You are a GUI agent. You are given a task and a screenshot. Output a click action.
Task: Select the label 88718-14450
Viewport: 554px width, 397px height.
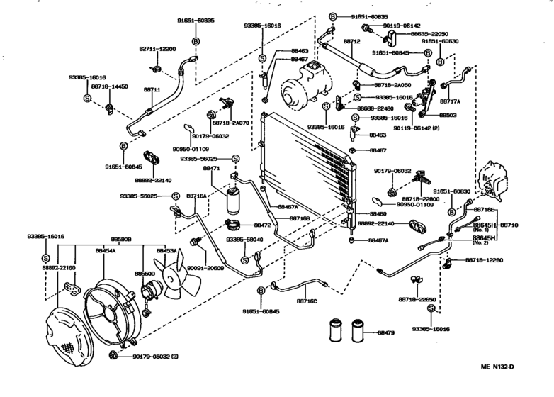[108, 86]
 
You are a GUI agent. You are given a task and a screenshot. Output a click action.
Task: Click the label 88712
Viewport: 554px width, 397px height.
[352, 42]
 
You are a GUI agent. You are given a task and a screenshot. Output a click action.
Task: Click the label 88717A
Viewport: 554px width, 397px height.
[451, 102]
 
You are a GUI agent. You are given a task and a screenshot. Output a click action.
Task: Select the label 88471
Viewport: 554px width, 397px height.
[211, 169]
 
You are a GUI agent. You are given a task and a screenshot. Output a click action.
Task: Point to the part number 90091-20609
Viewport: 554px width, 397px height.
[205, 269]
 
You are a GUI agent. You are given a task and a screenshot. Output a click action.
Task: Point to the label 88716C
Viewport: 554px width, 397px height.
[306, 301]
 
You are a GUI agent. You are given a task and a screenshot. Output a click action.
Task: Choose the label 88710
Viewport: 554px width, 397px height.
[510, 225]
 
